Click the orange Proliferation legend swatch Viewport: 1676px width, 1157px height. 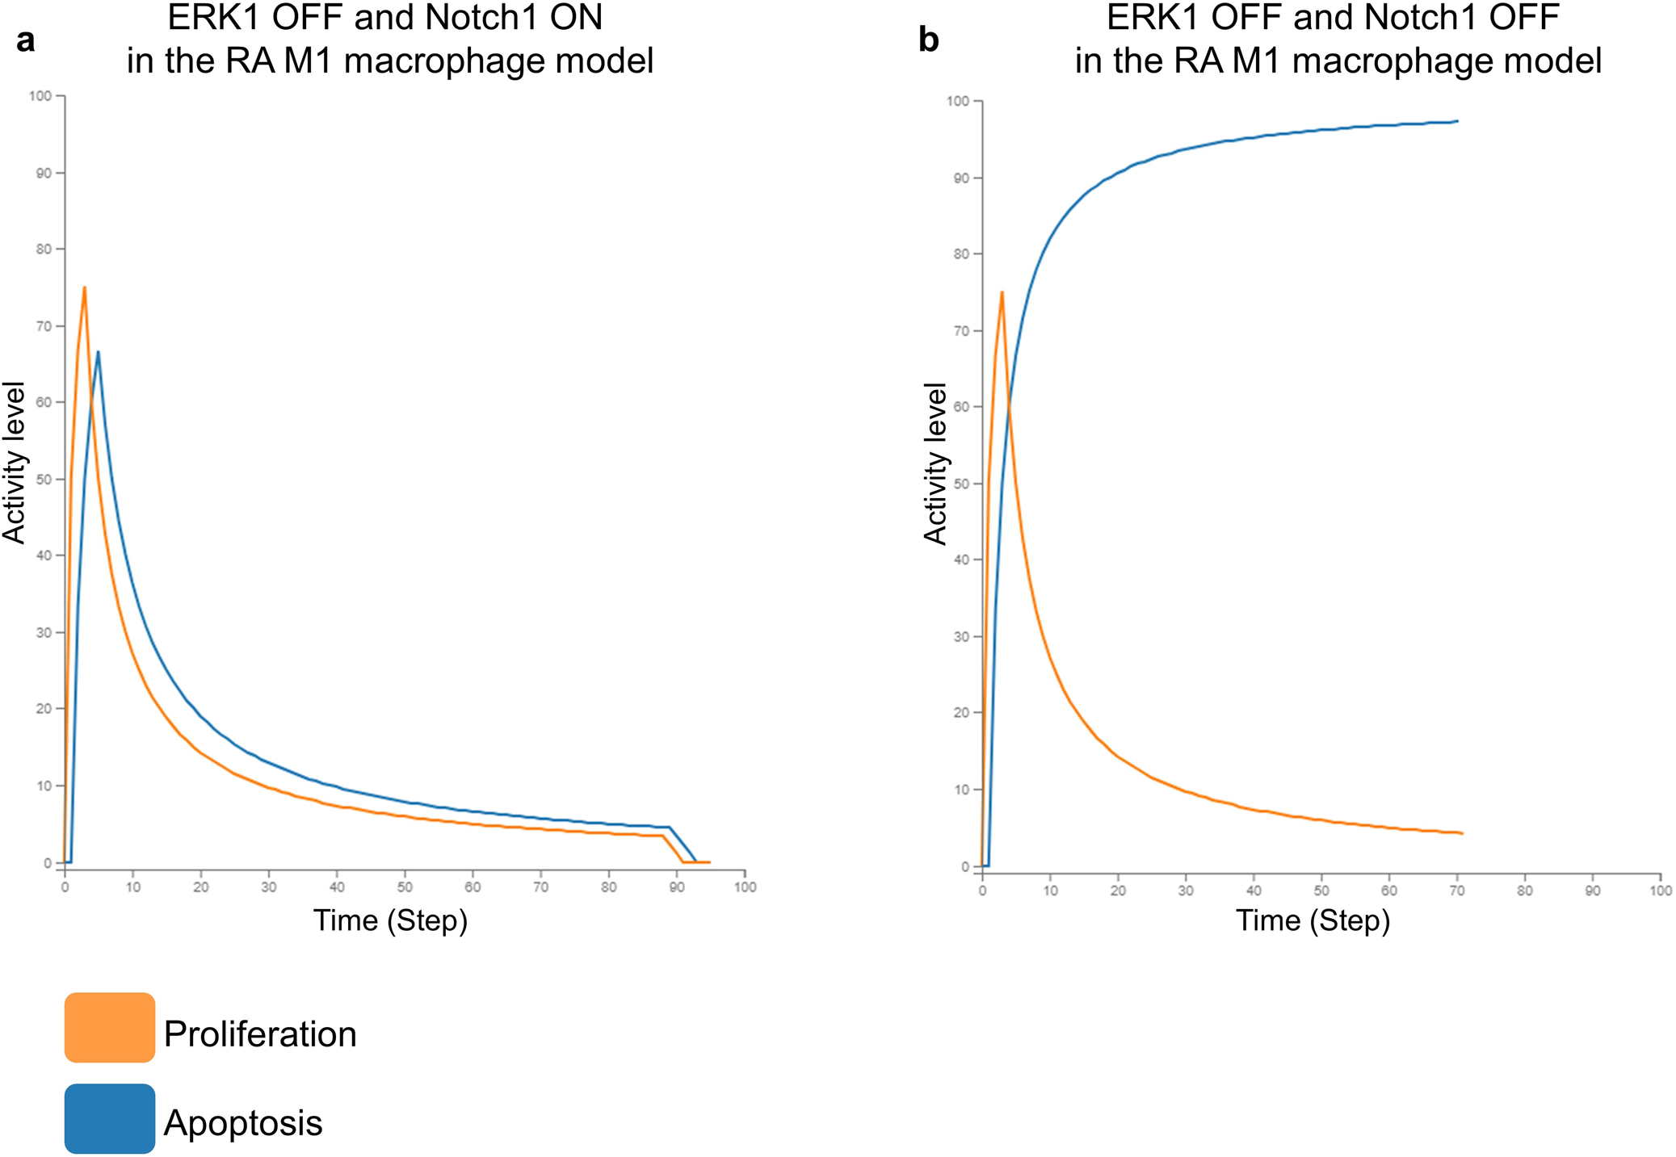(109, 1027)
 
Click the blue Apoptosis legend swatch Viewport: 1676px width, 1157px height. (109, 1118)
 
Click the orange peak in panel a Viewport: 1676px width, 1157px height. (84, 287)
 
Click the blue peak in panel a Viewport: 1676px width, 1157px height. (98, 351)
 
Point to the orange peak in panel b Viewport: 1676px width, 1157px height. (1002, 292)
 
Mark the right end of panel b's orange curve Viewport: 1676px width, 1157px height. (1462, 833)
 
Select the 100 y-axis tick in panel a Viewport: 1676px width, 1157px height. (40, 96)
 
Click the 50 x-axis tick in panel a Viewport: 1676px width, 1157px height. (405, 887)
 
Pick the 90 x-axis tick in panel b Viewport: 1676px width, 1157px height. (1592, 891)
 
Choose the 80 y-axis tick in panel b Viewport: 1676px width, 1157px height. (961, 254)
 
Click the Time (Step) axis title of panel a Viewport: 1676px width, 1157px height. (390, 920)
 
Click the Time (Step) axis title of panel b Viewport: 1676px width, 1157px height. (1313, 920)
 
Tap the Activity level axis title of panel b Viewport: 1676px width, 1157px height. (935, 464)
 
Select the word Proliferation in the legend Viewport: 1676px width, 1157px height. (259, 1034)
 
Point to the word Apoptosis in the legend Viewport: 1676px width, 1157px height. (242, 1123)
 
